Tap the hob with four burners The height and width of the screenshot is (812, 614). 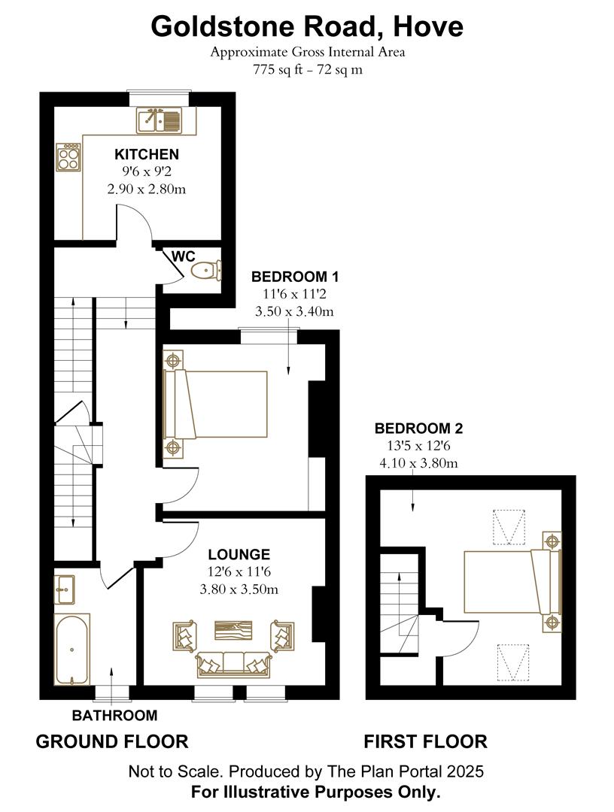pyautogui.click(x=68, y=158)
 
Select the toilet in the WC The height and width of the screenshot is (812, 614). pyautogui.click(x=205, y=270)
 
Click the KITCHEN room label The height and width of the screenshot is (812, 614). pyautogui.click(x=147, y=154)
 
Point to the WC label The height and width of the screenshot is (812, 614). pyautogui.click(x=184, y=256)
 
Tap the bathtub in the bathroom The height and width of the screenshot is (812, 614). pyautogui.click(x=71, y=650)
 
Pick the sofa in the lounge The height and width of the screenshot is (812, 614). pyautogui.click(x=233, y=664)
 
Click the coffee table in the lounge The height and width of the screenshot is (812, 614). pyautogui.click(x=234, y=629)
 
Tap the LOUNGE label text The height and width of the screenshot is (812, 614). pyautogui.click(x=239, y=555)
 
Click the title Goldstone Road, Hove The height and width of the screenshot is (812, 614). pyautogui.click(x=307, y=26)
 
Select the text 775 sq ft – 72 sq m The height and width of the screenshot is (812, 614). pyautogui.click(x=307, y=70)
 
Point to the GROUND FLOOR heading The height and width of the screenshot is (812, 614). pyautogui.click(x=112, y=741)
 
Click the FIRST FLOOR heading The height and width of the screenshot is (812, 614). pyautogui.click(x=425, y=741)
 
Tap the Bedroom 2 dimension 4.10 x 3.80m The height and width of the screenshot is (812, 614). pyautogui.click(x=419, y=463)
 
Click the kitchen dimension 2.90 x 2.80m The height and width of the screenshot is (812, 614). pyautogui.click(x=147, y=189)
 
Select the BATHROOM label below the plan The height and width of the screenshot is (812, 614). pyautogui.click(x=114, y=715)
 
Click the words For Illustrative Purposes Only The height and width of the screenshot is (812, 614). pyautogui.click(x=315, y=791)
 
